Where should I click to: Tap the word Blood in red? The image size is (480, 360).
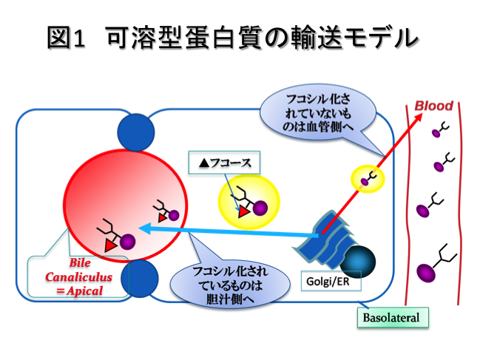click(433, 106)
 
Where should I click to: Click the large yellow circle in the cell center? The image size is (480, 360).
click(248, 203)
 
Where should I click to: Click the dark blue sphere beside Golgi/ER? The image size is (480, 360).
click(357, 261)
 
